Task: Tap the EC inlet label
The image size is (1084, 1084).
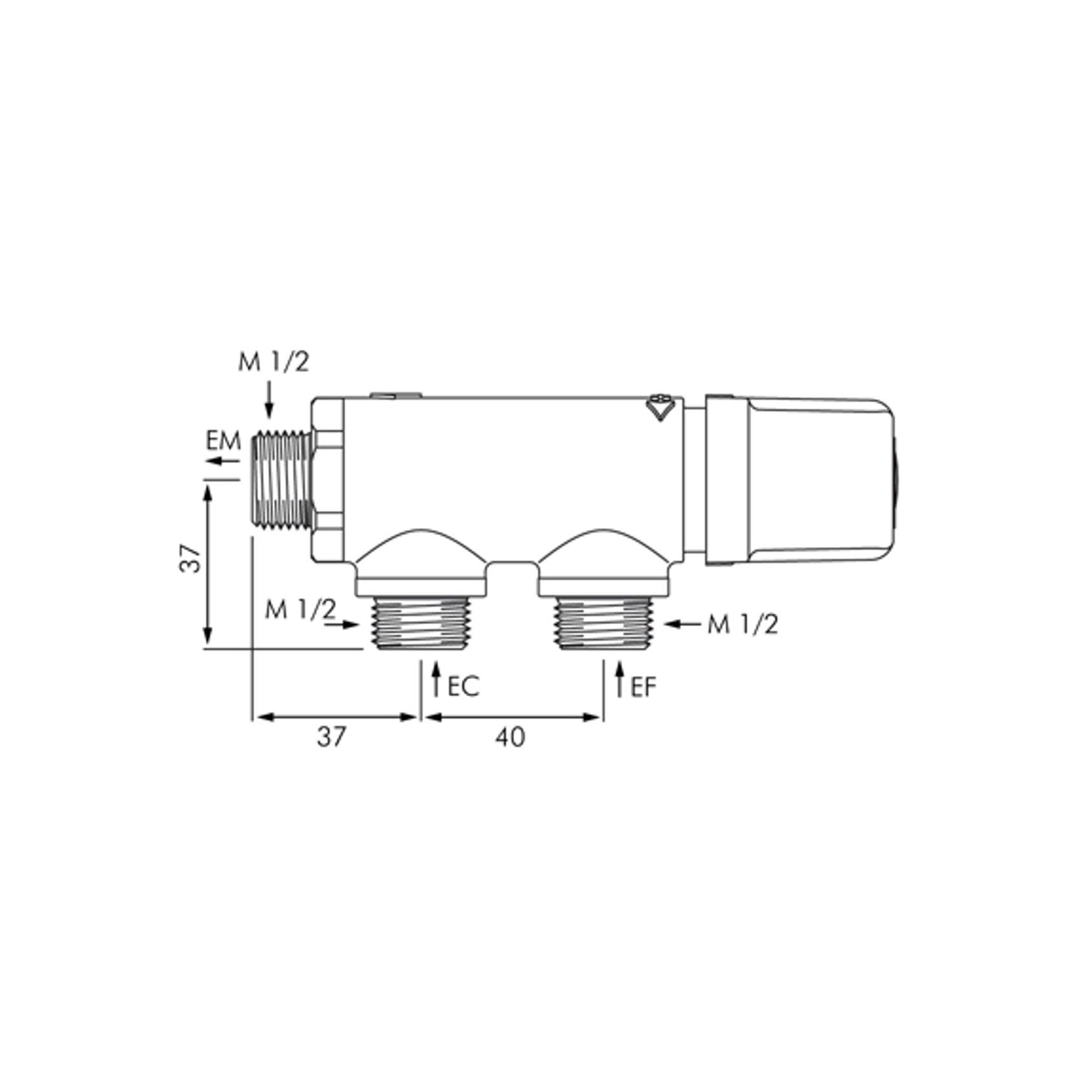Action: coord(463,687)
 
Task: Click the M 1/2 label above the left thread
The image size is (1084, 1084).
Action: coord(273,363)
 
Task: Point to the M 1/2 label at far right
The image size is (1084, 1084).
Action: coord(743,625)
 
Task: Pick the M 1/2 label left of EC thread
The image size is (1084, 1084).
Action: coord(300,609)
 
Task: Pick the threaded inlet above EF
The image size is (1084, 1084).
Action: coord(603,622)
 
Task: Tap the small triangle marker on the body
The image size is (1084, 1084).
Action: coord(660,409)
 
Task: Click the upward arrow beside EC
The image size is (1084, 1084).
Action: coord(437,679)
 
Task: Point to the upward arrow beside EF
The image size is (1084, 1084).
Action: coord(620,679)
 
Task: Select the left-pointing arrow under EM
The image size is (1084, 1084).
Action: coord(222,461)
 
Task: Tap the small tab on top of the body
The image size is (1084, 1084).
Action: coord(394,394)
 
